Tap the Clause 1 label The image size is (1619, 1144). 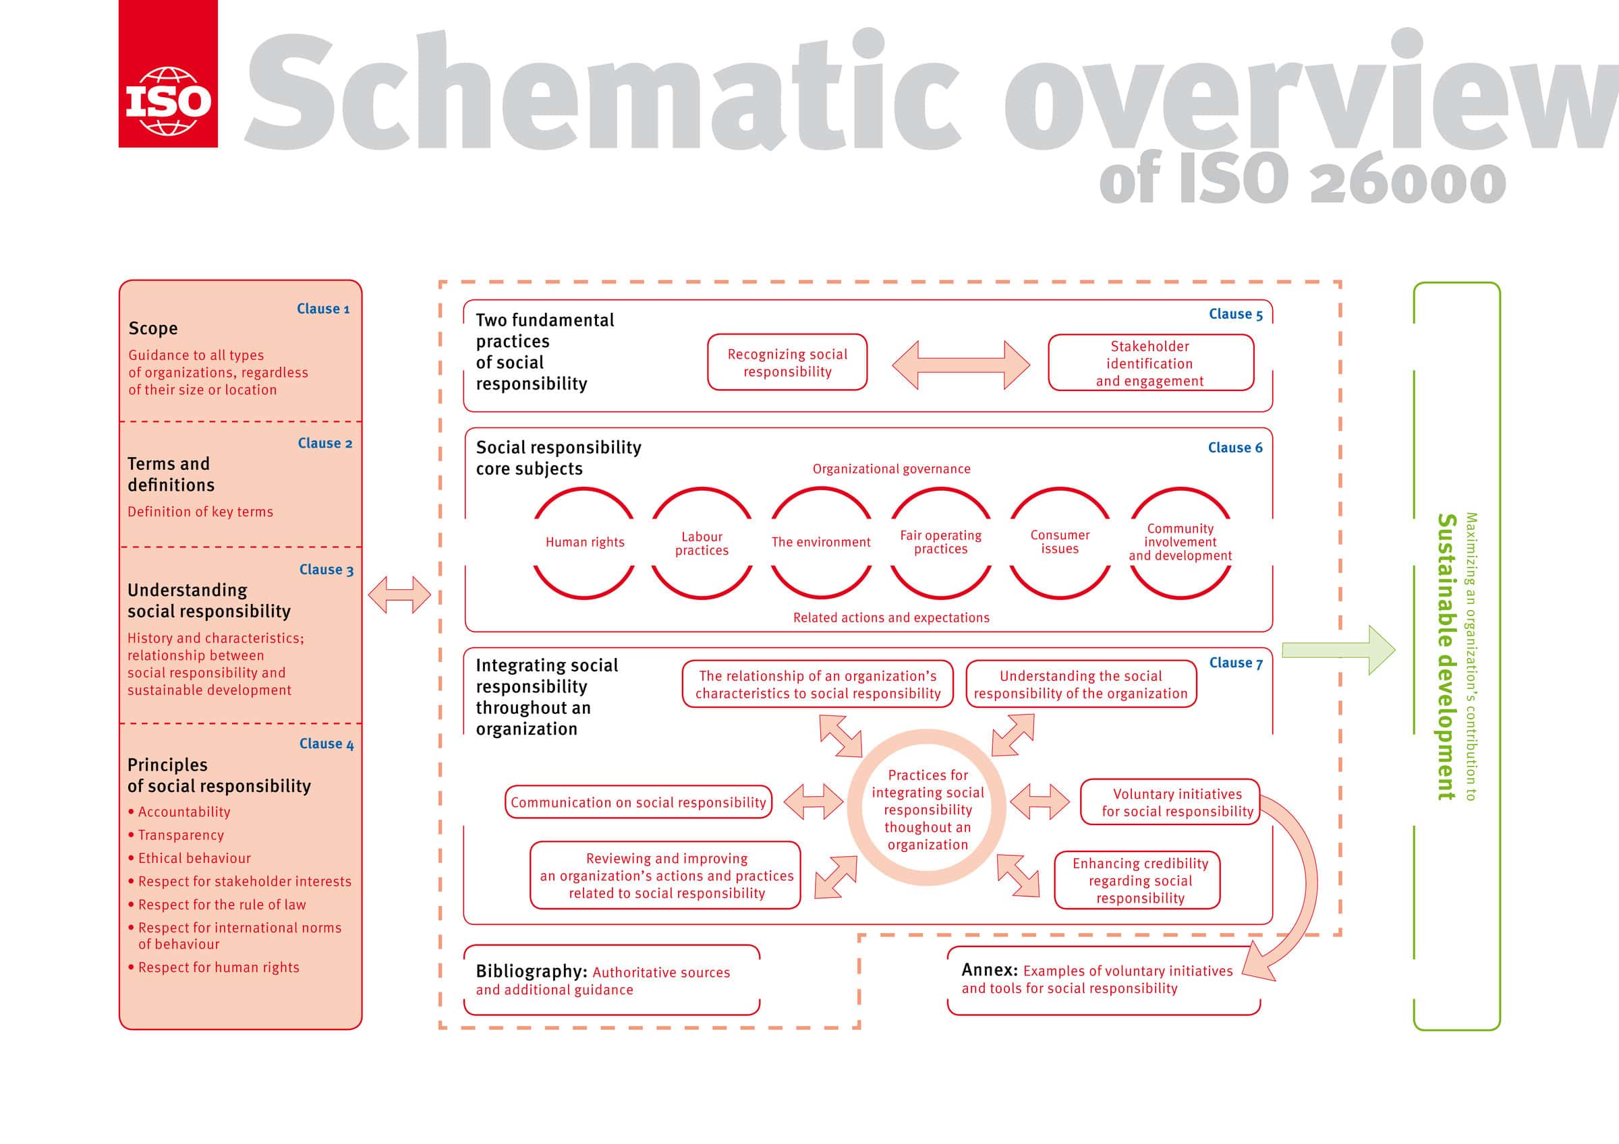323,309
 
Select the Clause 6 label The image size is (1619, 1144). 1234,448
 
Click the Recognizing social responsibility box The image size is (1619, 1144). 787,362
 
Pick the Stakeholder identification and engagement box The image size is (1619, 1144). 1150,363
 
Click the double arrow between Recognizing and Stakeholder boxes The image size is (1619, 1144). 961,365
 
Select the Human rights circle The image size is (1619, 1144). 584,542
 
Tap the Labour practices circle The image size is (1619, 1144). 702,543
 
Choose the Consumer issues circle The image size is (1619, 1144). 1059,542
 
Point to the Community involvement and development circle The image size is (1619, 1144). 1180,542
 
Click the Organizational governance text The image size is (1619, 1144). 891,469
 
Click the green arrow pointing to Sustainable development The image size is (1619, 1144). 1337,650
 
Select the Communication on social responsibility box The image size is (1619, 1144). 638,802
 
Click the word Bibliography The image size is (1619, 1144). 531,971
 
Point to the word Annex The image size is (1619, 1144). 990,970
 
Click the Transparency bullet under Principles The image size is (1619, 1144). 181,835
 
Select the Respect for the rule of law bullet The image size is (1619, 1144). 221,905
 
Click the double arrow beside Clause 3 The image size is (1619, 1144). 399,594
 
